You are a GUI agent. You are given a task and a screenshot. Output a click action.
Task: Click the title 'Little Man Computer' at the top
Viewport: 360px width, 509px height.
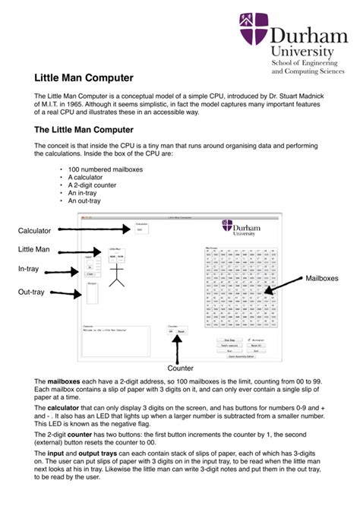(84, 77)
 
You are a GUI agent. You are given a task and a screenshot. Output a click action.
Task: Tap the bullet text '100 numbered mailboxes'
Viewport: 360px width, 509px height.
(105, 169)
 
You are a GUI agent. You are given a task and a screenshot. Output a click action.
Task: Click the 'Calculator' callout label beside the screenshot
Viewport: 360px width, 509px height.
(35, 230)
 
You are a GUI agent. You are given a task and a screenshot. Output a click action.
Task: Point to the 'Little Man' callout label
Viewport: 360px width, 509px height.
(33, 248)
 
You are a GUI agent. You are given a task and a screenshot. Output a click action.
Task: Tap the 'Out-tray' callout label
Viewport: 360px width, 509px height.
(31, 291)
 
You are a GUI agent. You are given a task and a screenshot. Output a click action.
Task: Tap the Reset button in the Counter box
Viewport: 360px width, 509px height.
(181, 331)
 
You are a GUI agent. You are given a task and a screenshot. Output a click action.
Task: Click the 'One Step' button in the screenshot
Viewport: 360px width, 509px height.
(229, 339)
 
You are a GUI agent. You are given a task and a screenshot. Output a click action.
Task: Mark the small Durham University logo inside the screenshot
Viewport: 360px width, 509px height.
(242, 228)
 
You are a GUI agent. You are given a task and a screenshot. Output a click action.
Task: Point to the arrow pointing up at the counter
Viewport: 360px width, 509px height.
(175, 349)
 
